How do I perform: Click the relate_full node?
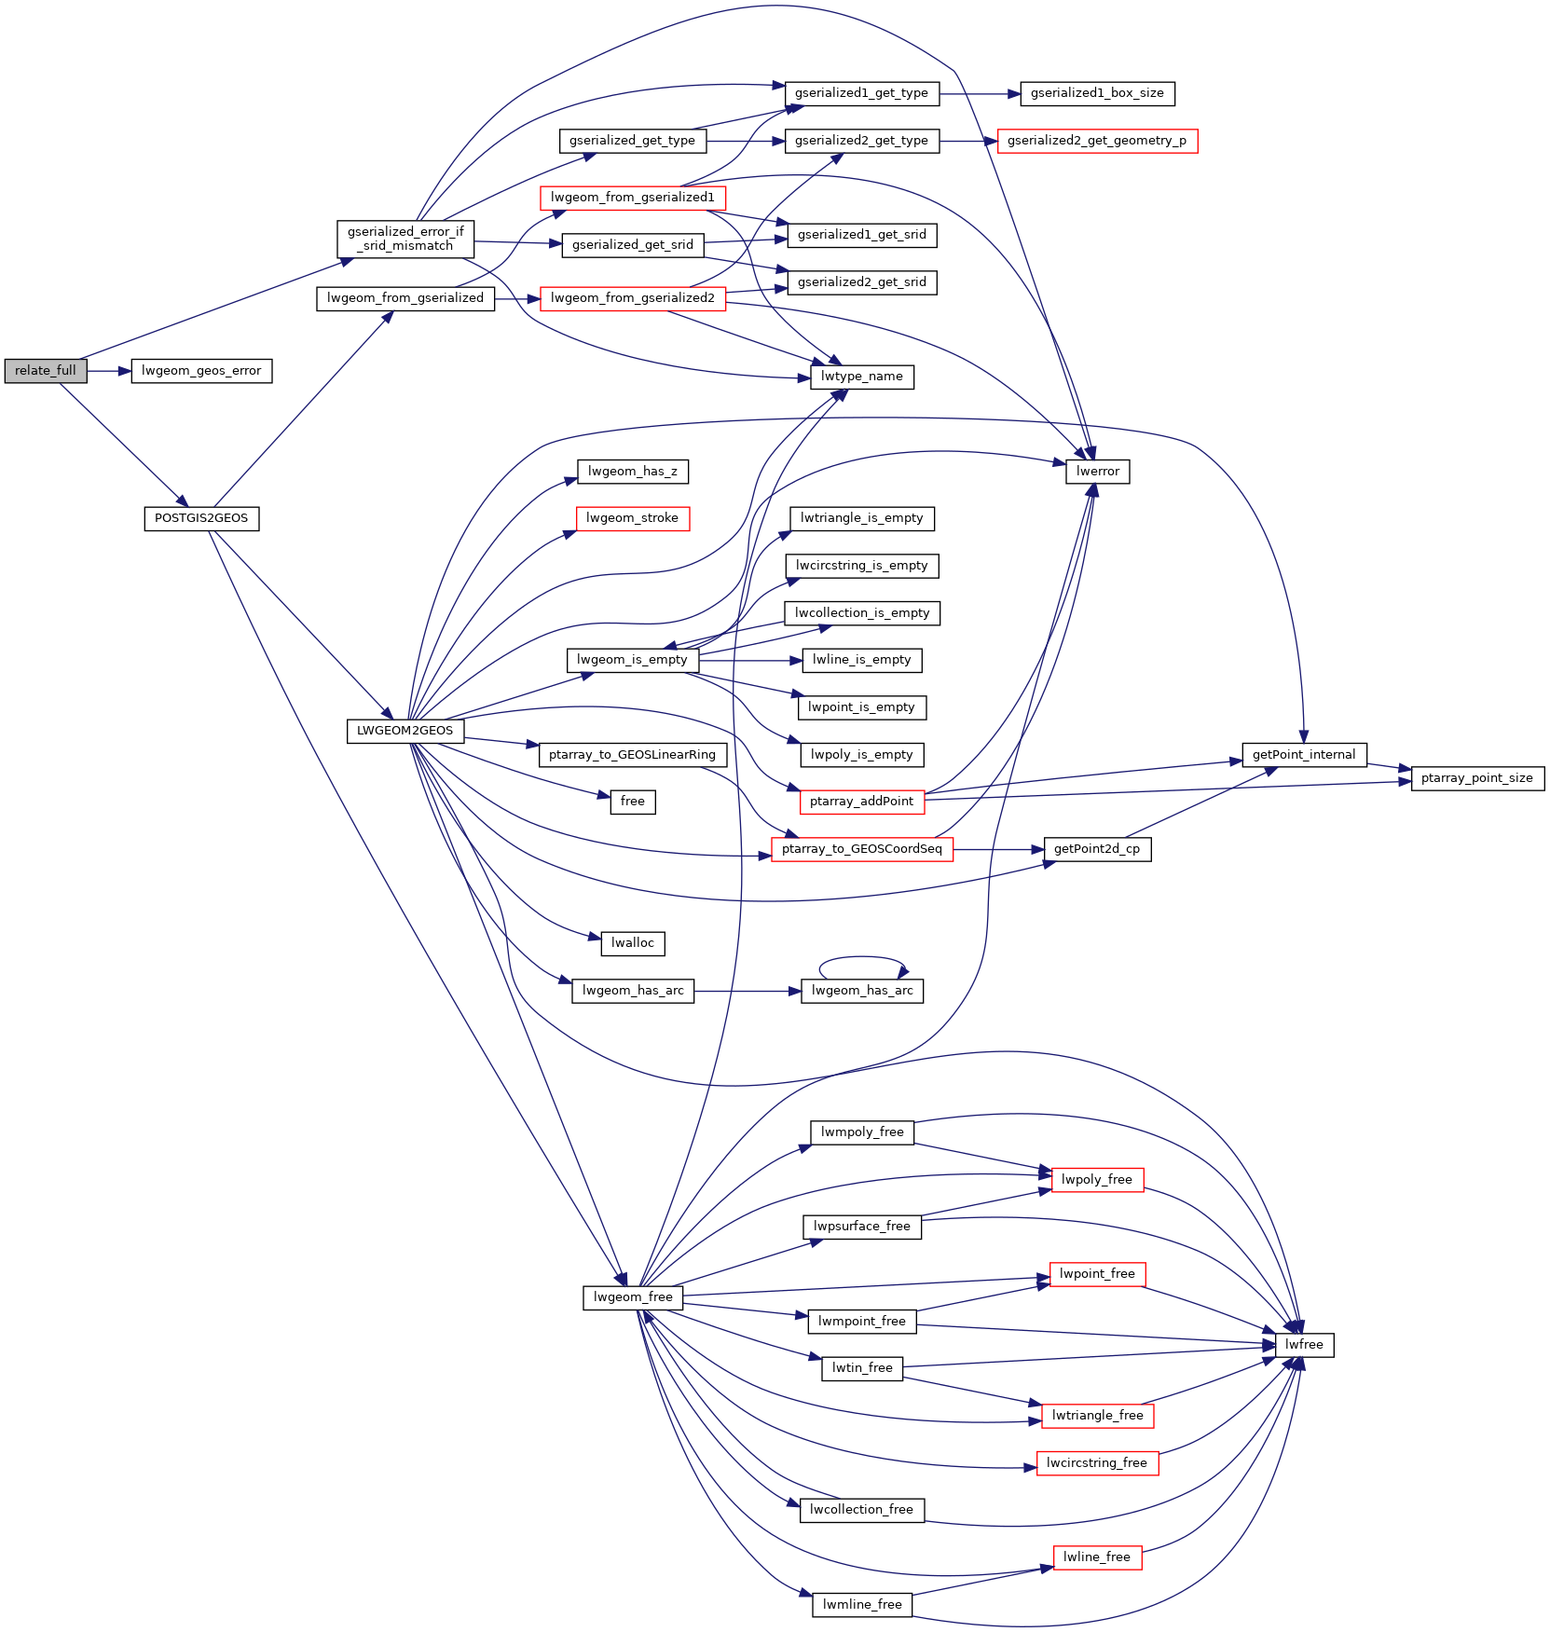46,370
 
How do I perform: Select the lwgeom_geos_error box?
201,370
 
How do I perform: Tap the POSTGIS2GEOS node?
201,518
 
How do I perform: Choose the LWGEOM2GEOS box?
405,731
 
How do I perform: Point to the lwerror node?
1098,472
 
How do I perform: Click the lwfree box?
1304,1345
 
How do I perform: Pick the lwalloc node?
633,943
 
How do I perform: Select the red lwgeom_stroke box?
633,518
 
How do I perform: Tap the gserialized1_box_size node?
1097,93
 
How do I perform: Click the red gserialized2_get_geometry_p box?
1097,141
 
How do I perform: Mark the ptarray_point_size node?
1477,778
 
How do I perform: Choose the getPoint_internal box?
1304,755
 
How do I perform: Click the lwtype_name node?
862,377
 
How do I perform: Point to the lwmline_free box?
862,1605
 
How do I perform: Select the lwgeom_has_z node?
633,472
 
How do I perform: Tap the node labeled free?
633,802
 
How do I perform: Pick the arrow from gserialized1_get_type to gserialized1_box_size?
980,93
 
